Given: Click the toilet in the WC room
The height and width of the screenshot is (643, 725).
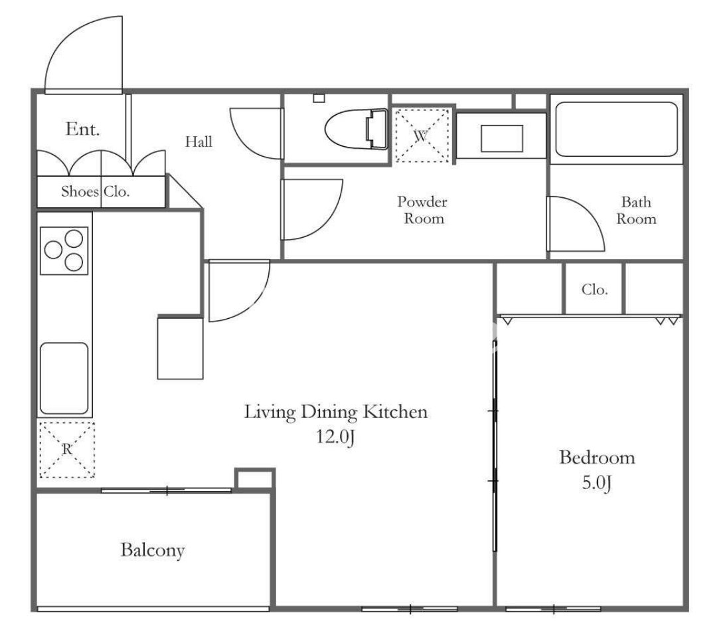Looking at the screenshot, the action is pyautogui.click(x=356, y=129).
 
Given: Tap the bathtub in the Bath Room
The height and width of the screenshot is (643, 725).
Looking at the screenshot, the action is pyautogui.click(x=616, y=129).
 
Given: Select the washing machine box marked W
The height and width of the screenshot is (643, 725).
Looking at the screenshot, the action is pyautogui.click(x=422, y=136).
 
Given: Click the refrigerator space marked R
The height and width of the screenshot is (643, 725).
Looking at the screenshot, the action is pyautogui.click(x=66, y=449).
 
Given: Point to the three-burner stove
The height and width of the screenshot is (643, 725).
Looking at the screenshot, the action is pyautogui.click(x=64, y=250).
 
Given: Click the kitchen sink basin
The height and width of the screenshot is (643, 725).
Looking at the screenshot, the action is pyautogui.click(x=64, y=379).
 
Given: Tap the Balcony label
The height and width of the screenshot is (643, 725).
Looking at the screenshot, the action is pyautogui.click(x=153, y=550).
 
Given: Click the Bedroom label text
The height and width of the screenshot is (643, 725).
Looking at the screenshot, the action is pyautogui.click(x=597, y=458).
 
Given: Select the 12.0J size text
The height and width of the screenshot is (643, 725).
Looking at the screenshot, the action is pyautogui.click(x=335, y=436).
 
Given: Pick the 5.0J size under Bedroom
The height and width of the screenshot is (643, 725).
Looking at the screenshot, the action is pyautogui.click(x=596, y=483).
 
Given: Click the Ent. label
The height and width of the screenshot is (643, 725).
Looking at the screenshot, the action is pyautogui.click(x=82, y=129).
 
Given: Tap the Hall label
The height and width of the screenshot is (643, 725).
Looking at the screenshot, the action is pyautogui.click(x=199, y=141).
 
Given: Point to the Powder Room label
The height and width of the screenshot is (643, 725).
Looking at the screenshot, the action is pyautogui.click(x=423, y=209).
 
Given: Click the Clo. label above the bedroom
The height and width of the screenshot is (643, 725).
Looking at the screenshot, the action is pyautogui.click(x=594, y=290).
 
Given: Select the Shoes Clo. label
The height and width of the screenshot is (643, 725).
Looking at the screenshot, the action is pyautogui.click(x=95, y=191).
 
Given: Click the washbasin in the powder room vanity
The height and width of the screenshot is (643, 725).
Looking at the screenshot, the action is pyautogui.click(x=502, y=138).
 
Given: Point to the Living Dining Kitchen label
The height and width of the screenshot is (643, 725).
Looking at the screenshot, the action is pyautogui.click(x=336, y=412).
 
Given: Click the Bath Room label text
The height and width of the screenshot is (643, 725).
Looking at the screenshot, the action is pyautogui.click(x=636, y=210).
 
